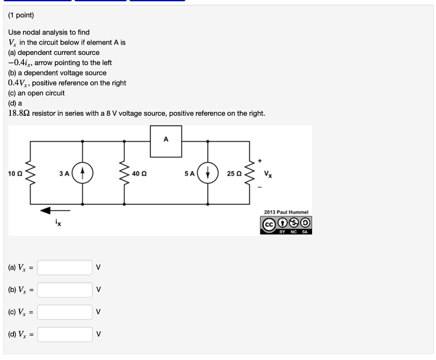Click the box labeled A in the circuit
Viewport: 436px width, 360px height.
click(166, 141)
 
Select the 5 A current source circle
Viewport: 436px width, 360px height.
click(208, 173)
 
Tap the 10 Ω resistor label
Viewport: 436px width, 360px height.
click(15, 173)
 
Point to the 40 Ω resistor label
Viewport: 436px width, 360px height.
click(139, 173)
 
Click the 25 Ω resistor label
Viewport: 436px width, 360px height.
click(234, 173)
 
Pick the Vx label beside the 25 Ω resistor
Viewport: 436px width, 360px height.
click(267, 174)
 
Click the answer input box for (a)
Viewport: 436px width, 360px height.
click(65, 268)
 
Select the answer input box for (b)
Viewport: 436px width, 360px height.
click(65, 290)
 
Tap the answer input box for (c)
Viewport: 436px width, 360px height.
click(65, 312)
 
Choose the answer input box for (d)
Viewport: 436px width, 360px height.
click(65, 334)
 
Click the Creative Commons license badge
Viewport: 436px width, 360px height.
click(286, 224)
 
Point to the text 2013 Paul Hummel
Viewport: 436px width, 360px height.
click(286, 212)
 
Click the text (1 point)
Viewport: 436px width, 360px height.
click(21, 15)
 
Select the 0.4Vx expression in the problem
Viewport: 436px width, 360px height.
click(18, 83)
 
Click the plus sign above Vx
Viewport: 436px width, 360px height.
click(259, 161)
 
